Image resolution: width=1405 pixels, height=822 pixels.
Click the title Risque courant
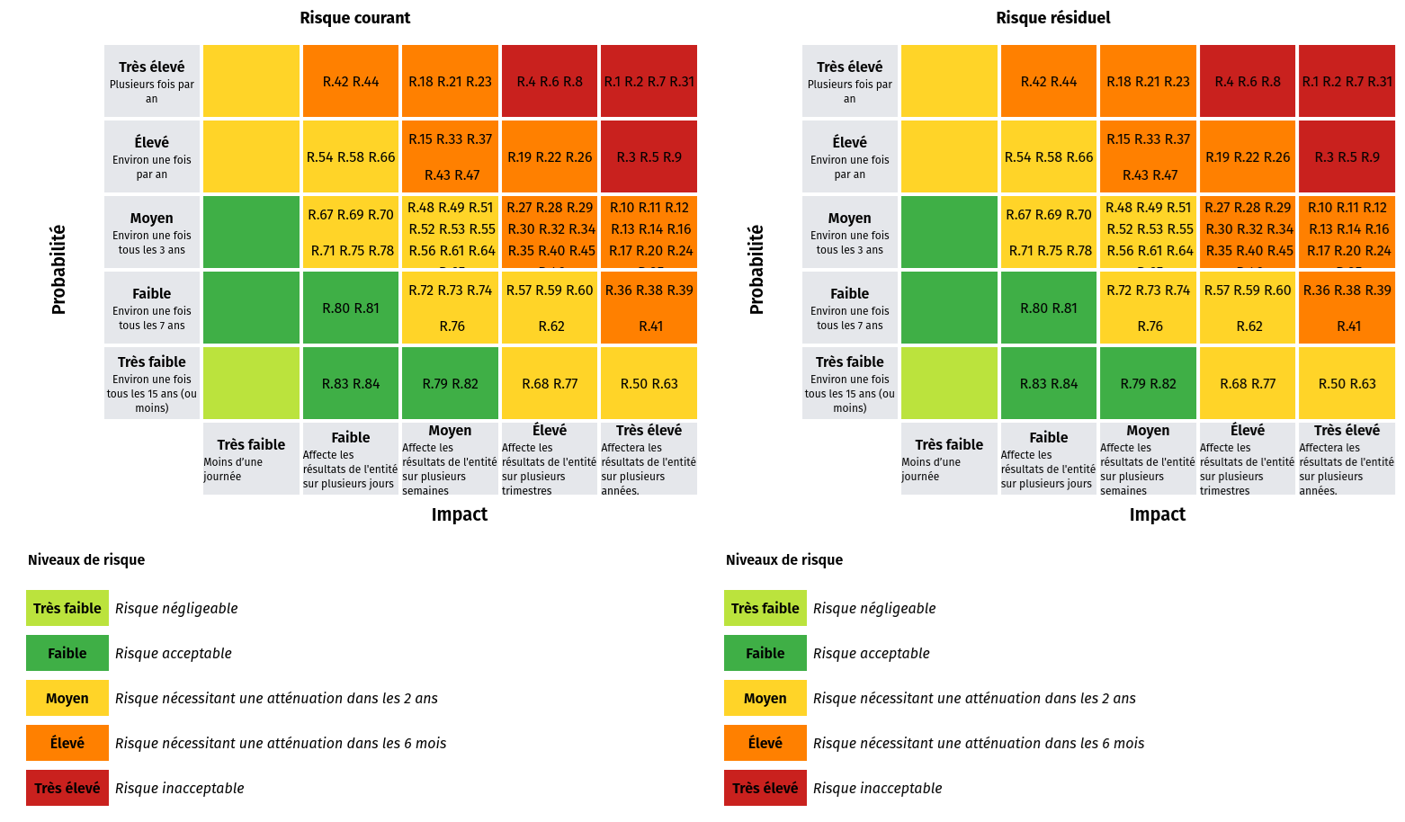tap(354, 18)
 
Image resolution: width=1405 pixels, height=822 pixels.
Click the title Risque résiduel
tap(1052, 18)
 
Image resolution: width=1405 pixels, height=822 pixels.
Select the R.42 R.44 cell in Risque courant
tap(351, 82)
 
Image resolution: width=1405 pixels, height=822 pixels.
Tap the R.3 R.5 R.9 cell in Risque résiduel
tap(1347, 157)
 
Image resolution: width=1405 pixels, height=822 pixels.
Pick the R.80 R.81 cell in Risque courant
tap(351, 308)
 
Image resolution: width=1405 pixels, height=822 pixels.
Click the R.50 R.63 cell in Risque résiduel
tap(1347, 384)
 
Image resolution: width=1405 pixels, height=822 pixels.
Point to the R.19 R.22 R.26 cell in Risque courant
tap(550, 157)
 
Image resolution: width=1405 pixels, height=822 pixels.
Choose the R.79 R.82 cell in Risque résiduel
tap(1148, 384)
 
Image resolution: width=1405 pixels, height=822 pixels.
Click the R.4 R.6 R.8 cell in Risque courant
tap(550, 82)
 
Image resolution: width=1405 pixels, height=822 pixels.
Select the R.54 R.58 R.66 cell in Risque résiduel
tap(1049, 157)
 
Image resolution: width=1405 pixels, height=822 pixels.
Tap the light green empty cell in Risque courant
tap(251, 384)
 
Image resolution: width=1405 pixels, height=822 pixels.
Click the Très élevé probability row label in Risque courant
tap(151, 81)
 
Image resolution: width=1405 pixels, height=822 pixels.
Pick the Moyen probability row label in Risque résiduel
tap(849, 232)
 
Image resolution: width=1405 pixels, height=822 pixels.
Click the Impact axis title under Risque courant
tap(459, 514)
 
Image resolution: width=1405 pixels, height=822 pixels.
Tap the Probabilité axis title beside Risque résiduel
tap(756, 270)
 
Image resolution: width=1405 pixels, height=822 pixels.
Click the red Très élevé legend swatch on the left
tap(67, 788)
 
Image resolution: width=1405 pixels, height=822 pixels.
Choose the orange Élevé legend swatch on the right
tap(765, 743)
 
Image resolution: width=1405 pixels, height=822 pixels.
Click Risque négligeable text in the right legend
tap(874, 608)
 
